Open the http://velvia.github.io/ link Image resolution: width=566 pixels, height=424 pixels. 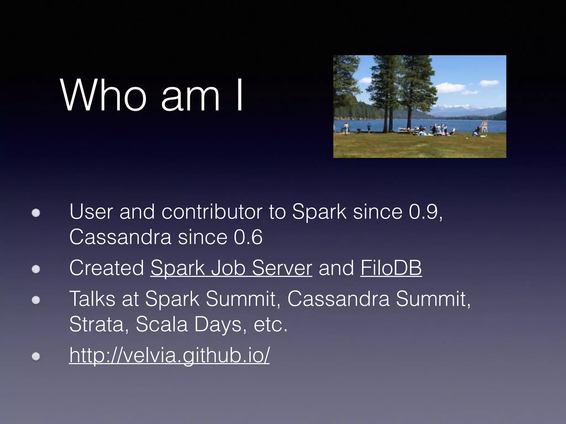169,355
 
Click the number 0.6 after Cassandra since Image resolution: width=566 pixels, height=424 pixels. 248,237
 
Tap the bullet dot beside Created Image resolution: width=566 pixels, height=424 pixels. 36,269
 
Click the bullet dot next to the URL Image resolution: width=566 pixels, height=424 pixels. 36,357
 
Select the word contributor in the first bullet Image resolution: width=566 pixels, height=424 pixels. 212,212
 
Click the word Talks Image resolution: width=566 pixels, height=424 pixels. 92,299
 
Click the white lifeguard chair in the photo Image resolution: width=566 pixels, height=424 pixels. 484,127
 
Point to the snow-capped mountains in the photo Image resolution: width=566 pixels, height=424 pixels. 453,107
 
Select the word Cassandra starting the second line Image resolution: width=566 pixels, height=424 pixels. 120,237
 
